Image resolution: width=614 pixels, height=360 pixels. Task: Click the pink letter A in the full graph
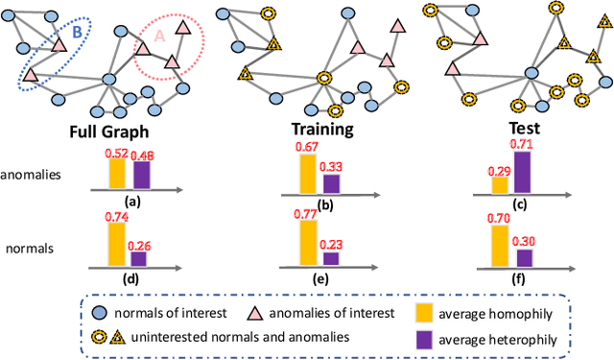pyautogui.click(x=159, y=36)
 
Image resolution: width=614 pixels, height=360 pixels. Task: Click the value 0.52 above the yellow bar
pyautogui.click(x=117, y=152)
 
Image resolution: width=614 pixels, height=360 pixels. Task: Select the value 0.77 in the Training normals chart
pyautogui.click(x=308, y=214)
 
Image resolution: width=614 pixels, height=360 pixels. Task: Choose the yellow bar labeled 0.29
pyautogui.click(x=500, y=184)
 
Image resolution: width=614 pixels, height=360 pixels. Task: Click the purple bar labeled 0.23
pyautogui.click(x=331, y=257)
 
